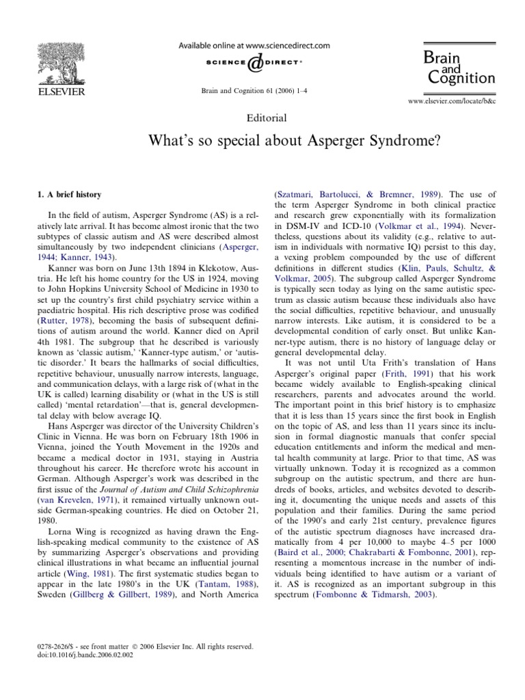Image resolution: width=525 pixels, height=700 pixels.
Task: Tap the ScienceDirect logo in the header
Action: point(254,64)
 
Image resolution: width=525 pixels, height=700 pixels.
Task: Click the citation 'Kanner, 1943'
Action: point(86,257)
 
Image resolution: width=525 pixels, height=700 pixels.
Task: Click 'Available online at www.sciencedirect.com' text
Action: point(254,46)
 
